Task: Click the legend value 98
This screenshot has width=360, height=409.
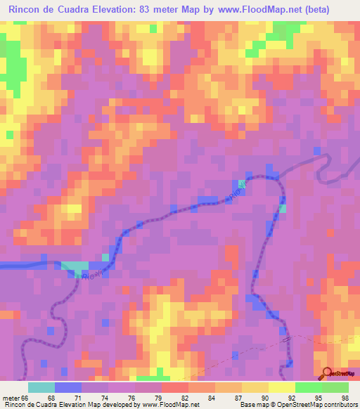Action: pos(345,398)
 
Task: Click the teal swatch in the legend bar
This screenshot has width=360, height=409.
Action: pos(41,387)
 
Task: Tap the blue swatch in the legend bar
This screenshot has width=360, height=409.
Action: pos(68,387)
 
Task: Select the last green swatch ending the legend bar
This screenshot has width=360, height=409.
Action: pos(335,387)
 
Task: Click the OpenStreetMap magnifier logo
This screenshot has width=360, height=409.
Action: pos(328,373)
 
